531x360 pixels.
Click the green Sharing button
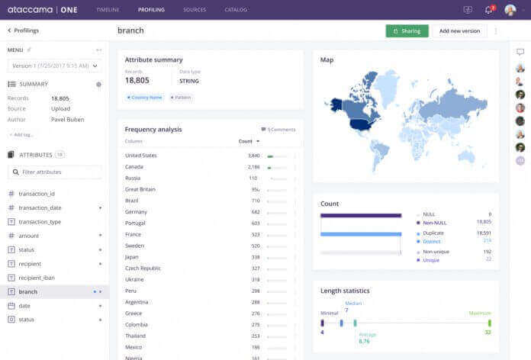(x=407, y=31)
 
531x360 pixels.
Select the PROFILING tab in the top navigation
(x=151, y=10)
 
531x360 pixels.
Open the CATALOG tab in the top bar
(x=236, y=10)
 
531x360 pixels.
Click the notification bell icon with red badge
(x=488, y=10)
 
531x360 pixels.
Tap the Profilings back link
(x=24, y=31)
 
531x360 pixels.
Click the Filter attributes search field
(x=54, y=172)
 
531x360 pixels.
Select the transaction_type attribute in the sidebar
(x=40, y=222)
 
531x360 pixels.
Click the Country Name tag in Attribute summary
(x=146, y=98)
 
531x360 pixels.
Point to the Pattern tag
(x=182, y=98)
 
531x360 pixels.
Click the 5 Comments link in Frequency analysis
(x=278, y=130)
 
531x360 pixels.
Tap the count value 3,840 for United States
(x=254, y=156)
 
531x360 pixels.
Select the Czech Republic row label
(x=143, y=268)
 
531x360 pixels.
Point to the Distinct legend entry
(x=431, y=241)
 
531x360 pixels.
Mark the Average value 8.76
(x=365, y=341)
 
